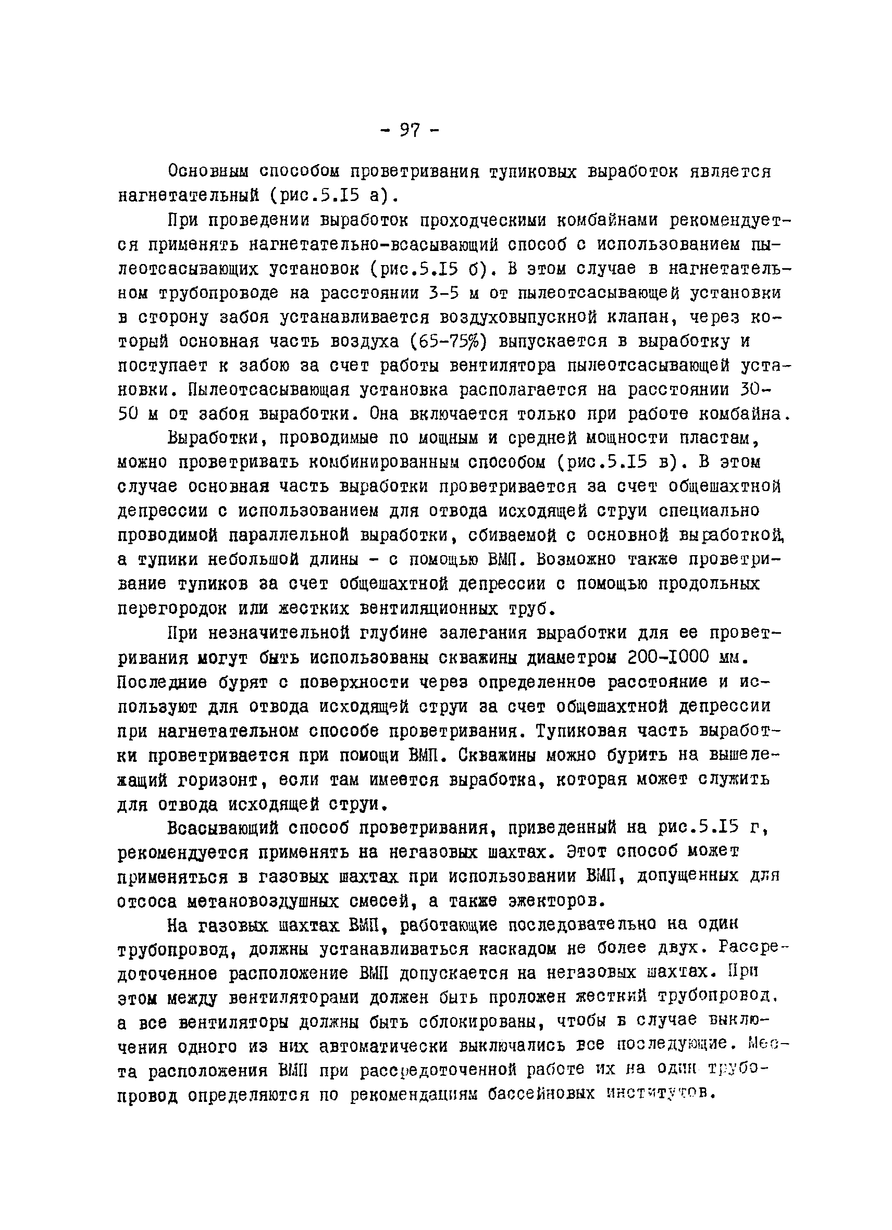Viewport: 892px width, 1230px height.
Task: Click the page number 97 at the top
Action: (x=410, y=130)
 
